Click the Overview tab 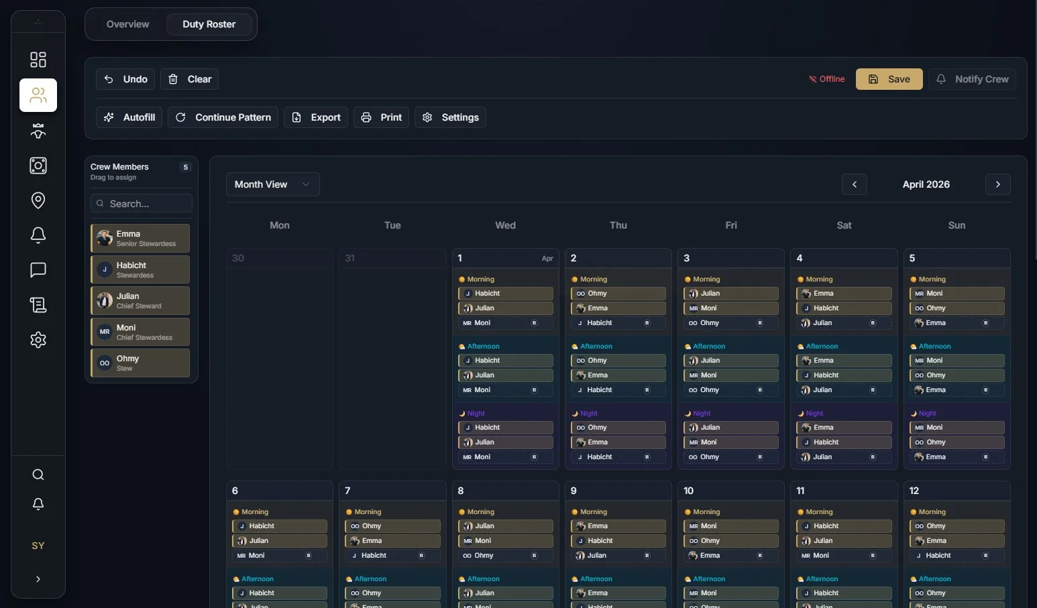tap(127, 24)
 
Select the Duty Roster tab tap(209, 24)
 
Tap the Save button tap(889, 79)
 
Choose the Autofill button tap(129, 117)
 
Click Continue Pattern tap(223, 117)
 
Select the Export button tap(316, 117)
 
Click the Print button tap(381, 117)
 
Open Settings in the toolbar tap(450, 117)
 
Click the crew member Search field tap(142, 204)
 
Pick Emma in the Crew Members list tap(140, 239)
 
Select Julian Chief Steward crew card tap(140, 301)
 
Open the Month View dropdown tap(272, 184)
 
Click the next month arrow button tap(997, 184)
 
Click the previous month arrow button tap(854, 184)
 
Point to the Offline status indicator tap(826, 79)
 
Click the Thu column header tap(618, 225)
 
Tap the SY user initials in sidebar tap(38, 546)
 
